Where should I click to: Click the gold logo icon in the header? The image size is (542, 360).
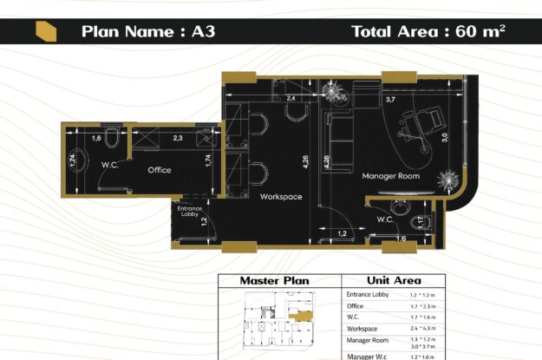(x=47, y=32)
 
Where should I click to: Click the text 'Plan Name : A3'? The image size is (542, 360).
(x=147, y=32)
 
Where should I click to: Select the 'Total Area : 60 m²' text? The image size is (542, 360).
(x=428, y=32)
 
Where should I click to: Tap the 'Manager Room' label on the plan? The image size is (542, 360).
(x=390, y=176)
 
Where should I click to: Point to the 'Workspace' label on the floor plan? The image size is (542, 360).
(x=281, y=197)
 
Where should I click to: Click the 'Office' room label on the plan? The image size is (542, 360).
(x=159, y=170)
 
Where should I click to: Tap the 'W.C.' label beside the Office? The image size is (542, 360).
(x=109, y=164)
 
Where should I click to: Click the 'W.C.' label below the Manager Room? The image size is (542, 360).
(x=386, y=219)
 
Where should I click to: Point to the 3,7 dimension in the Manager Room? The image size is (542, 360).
(x=390, y=101)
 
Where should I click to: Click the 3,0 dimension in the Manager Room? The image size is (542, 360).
(x=444, y=137)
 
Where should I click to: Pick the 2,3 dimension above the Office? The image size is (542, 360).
(x=178, y=138)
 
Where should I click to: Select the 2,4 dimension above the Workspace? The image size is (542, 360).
(x=291, y=100)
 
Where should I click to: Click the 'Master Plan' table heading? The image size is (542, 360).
(x=274, y=281)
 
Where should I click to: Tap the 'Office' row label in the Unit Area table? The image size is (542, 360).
(x=355, y=305)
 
